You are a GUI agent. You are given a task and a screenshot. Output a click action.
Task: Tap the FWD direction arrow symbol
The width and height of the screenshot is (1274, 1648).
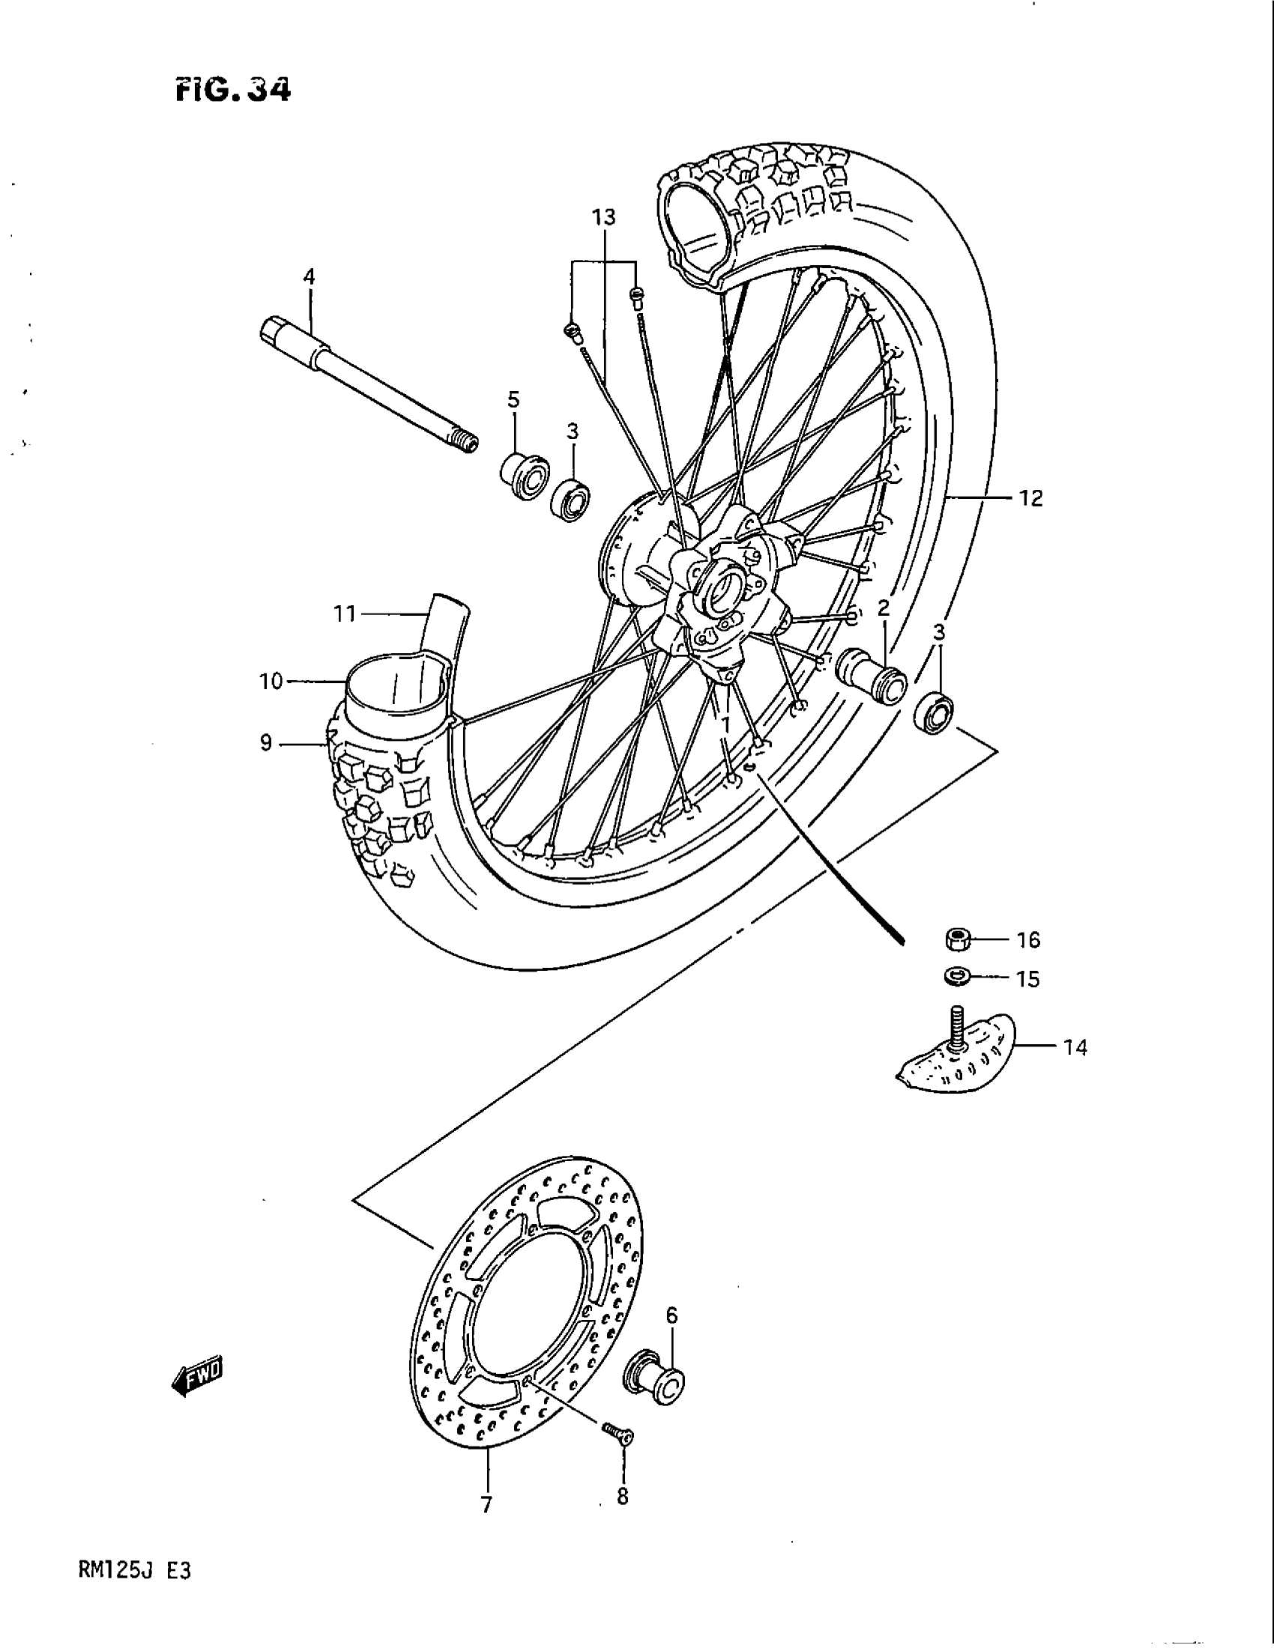[x=199, y=1380]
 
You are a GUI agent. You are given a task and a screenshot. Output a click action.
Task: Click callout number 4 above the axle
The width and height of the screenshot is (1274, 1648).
[x=309, y=277]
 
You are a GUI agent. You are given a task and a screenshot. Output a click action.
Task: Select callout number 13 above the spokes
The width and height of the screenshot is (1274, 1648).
[x=603, y=218]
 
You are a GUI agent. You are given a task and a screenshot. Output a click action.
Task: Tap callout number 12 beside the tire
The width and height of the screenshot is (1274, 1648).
[x=1031, y=498]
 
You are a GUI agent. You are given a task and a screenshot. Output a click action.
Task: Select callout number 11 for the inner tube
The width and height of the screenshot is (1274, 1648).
[x=345, y=614]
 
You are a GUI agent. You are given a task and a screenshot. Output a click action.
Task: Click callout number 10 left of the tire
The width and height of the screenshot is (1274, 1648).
[x=271, y=682]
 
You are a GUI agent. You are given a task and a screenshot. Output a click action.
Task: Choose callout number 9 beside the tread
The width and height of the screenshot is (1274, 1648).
[x=266, y=743]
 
